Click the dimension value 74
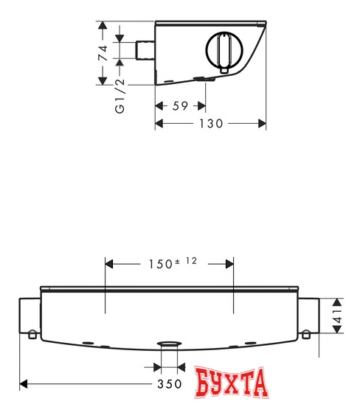point(103,53)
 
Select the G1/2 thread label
point(120,96)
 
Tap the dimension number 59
point(180,106)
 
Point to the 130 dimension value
point(211,124)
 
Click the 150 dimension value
point(161,264)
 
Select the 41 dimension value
point(337,316)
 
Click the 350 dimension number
point(170,384)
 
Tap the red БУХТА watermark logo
point(231,382)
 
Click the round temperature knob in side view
point(224,49)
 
